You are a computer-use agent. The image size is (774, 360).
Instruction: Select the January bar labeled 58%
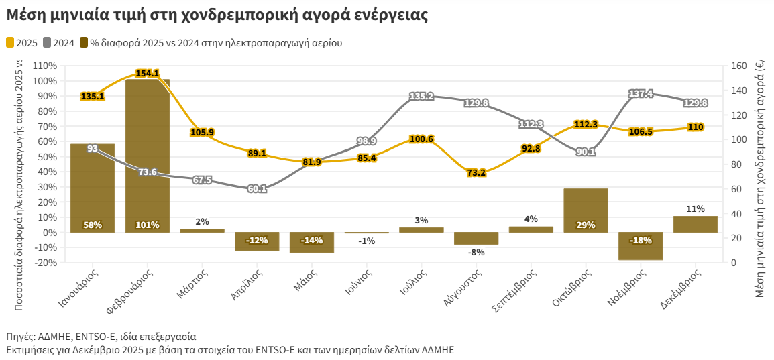[92, 188]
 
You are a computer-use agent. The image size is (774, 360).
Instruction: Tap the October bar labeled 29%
[586, 211]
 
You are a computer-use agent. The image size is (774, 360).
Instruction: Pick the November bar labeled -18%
[641, 246]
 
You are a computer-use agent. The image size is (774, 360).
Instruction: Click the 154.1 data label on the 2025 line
[147, 73]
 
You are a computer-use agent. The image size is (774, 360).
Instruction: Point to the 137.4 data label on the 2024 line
[641, 94]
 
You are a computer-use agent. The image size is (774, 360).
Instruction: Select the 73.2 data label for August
[476, 173]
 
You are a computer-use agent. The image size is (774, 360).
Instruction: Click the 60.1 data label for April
[257, 189]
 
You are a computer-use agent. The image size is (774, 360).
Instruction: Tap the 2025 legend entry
[21, 43]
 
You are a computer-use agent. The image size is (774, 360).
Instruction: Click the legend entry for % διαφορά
[211, 43]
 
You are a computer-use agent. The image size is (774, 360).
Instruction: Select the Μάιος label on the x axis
[305, 282]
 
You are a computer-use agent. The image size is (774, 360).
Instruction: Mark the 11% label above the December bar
[696, 208]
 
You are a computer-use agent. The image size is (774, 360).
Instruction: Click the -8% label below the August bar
[476, 253]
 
